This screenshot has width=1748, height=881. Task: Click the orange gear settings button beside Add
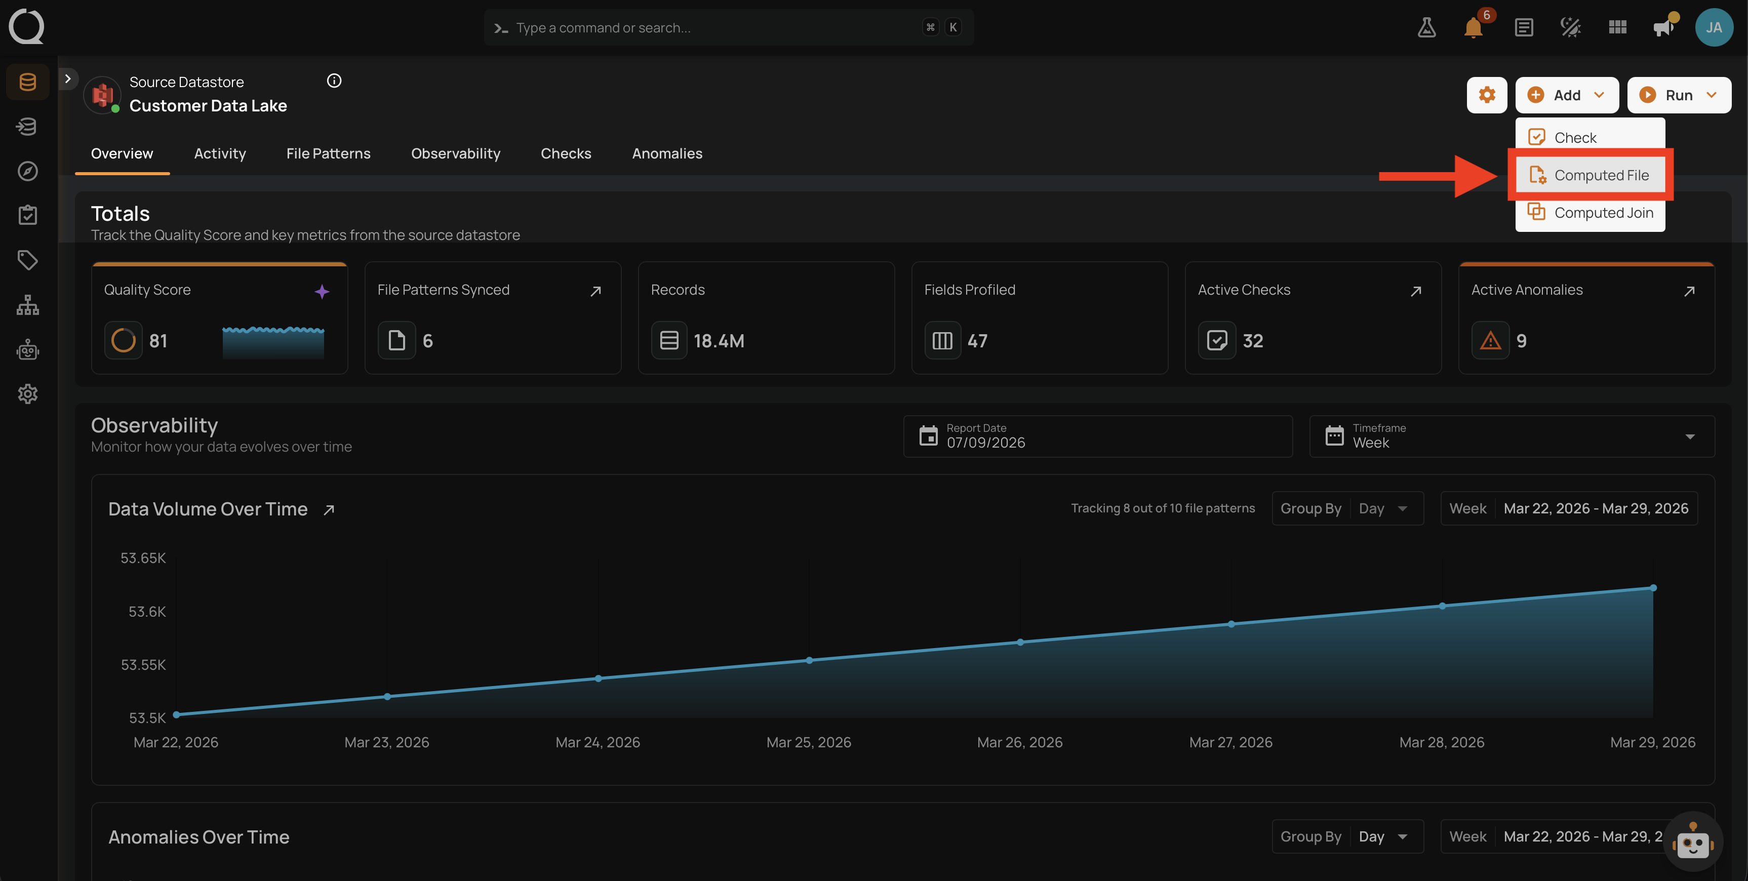pos(1487,95)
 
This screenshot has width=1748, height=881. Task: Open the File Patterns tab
pos(329,153)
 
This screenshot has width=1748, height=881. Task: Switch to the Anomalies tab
pos(667,153)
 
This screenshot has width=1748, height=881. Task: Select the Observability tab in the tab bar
pos(455,153)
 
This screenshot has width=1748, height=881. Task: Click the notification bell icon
pos(1473,28)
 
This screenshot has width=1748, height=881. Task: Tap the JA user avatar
pos(1714,27)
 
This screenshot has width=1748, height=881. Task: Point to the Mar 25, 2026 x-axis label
pos(809,742)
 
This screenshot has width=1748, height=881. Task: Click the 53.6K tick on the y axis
pos(147,612)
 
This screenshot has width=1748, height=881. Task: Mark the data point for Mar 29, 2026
pos(1653,588)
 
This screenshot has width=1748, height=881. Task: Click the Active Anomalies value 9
pos(1521,341)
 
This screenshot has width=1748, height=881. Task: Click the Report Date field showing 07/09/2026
pos(1097,436)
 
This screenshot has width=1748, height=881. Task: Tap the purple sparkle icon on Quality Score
pos(322,291)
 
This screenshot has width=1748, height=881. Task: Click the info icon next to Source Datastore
pos(334,81)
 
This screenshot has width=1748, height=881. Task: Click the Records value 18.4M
pos(719,341)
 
